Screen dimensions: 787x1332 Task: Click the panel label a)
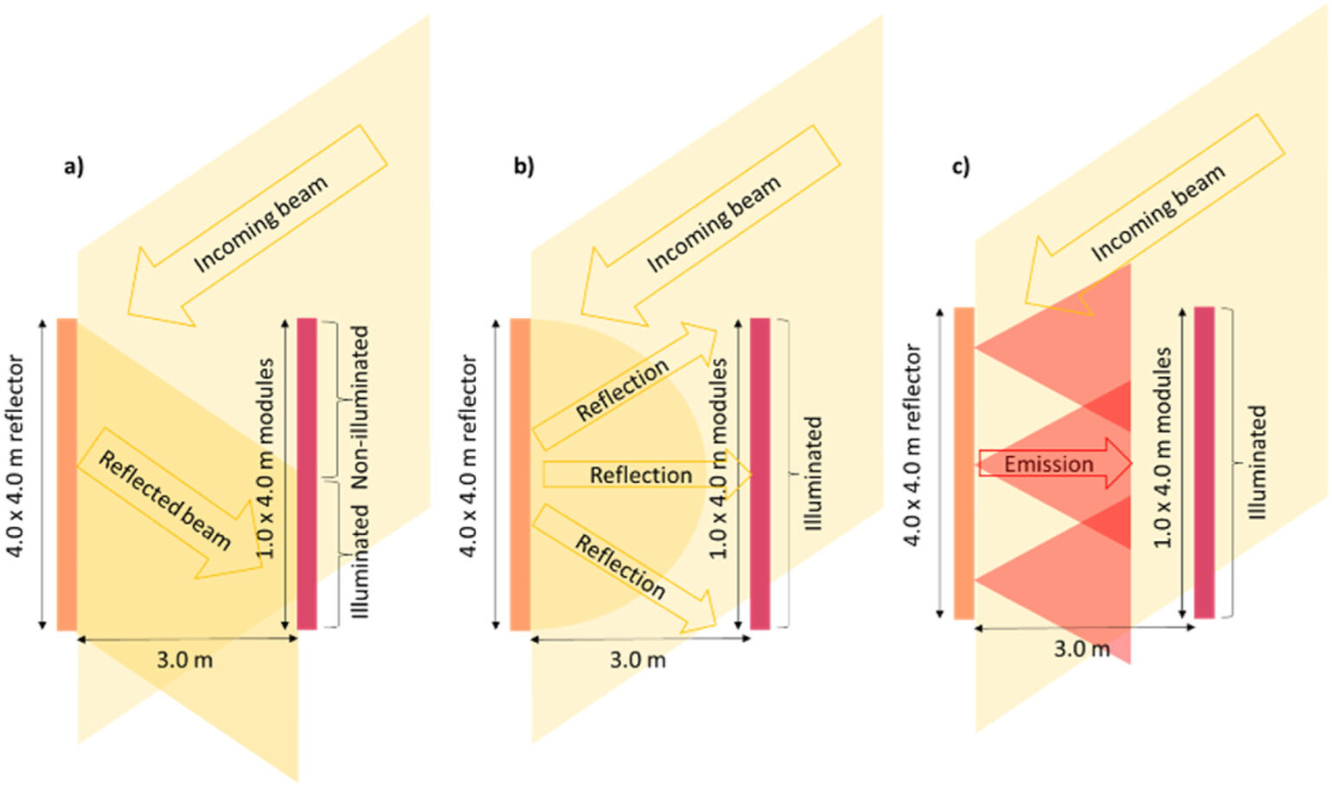tap(74, 166)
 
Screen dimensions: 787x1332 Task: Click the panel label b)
tap(524, 166)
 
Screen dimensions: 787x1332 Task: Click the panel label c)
tap(961, 166)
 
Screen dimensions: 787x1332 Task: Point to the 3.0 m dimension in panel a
tap(185, 660)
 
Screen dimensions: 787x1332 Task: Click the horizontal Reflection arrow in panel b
tap(642, 475)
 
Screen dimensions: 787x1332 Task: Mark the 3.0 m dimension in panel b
tap(637, 660)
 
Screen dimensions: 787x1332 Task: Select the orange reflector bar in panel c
tap(963, 463)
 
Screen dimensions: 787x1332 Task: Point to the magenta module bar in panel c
tap(1204, 463)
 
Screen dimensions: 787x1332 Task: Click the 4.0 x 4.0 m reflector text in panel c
tap(912, 445)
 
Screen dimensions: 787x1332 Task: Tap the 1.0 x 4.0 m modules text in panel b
tap(719, 459)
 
